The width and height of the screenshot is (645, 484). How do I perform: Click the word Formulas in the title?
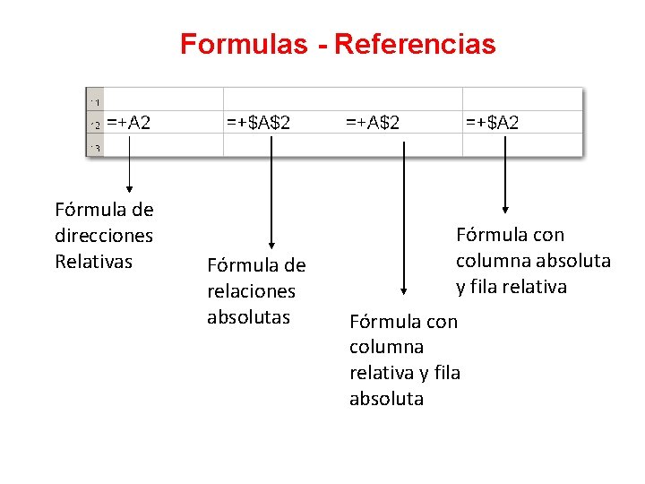pos(241,44)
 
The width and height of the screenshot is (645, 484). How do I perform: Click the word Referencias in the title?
pos(415,44)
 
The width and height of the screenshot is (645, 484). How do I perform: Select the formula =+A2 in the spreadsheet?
pos(129,122)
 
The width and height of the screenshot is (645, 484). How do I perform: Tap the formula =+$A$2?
pos(258,122)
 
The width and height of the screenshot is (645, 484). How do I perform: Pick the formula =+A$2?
pos(373,122)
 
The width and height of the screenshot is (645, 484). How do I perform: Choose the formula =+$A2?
pos(492,122)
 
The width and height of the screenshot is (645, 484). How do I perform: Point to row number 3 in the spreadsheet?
pos(95,147)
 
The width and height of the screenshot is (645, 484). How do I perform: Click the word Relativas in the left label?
pos(93,262)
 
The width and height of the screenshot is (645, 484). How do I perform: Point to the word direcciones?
pos(104,236)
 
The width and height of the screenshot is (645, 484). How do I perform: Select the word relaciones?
pos(251,291)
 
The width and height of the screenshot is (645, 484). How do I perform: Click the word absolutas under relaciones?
pos(248,317)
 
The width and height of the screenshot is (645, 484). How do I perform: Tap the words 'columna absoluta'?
pos(533,261)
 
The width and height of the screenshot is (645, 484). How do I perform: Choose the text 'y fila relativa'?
pos(512,287)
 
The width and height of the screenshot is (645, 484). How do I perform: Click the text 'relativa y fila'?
pos(405,373)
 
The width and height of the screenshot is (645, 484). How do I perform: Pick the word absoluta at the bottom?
pos(386,399)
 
